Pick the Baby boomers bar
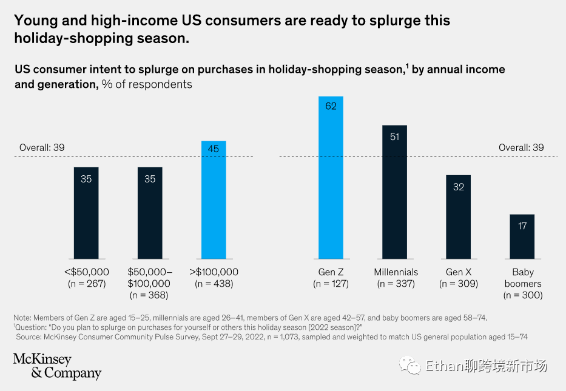tap(522, 236)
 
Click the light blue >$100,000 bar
tap(214, 200)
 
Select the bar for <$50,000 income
tap(86, 213)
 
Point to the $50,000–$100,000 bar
tap(150, 213)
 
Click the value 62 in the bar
tap(331, 106)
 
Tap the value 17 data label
tap(522, 226)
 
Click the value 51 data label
tap(394, 136)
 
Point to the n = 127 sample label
tap(331, 284)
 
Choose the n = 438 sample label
tap(214, 284)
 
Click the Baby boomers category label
tap(522, 278)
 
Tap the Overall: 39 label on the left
tap(42, 147)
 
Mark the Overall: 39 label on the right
tap(521, 147)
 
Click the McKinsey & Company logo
tap(57, 366)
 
